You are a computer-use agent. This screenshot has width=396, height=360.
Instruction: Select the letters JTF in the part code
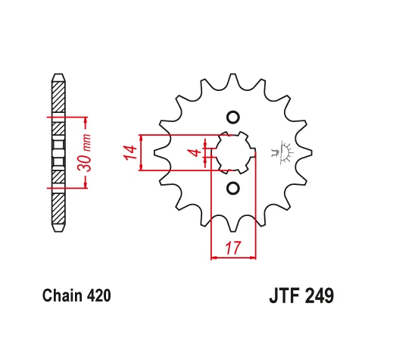coord(284,296)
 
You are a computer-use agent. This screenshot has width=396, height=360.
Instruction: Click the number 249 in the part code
coord(319,296)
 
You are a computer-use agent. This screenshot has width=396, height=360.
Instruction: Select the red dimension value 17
coord(232,246)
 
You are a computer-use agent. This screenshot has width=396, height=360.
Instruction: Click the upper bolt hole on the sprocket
coord(233,117)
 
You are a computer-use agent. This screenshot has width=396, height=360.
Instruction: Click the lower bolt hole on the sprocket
coord(233,187)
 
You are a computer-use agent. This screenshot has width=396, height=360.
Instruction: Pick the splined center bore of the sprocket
coord(233,152)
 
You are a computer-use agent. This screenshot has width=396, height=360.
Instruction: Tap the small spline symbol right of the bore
coord(286,152)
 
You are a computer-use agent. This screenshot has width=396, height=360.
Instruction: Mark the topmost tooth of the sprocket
coord(233,80)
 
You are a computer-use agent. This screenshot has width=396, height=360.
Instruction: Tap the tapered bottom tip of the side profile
coord(57,227)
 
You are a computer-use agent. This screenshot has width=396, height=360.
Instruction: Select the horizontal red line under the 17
coord(233,258)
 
